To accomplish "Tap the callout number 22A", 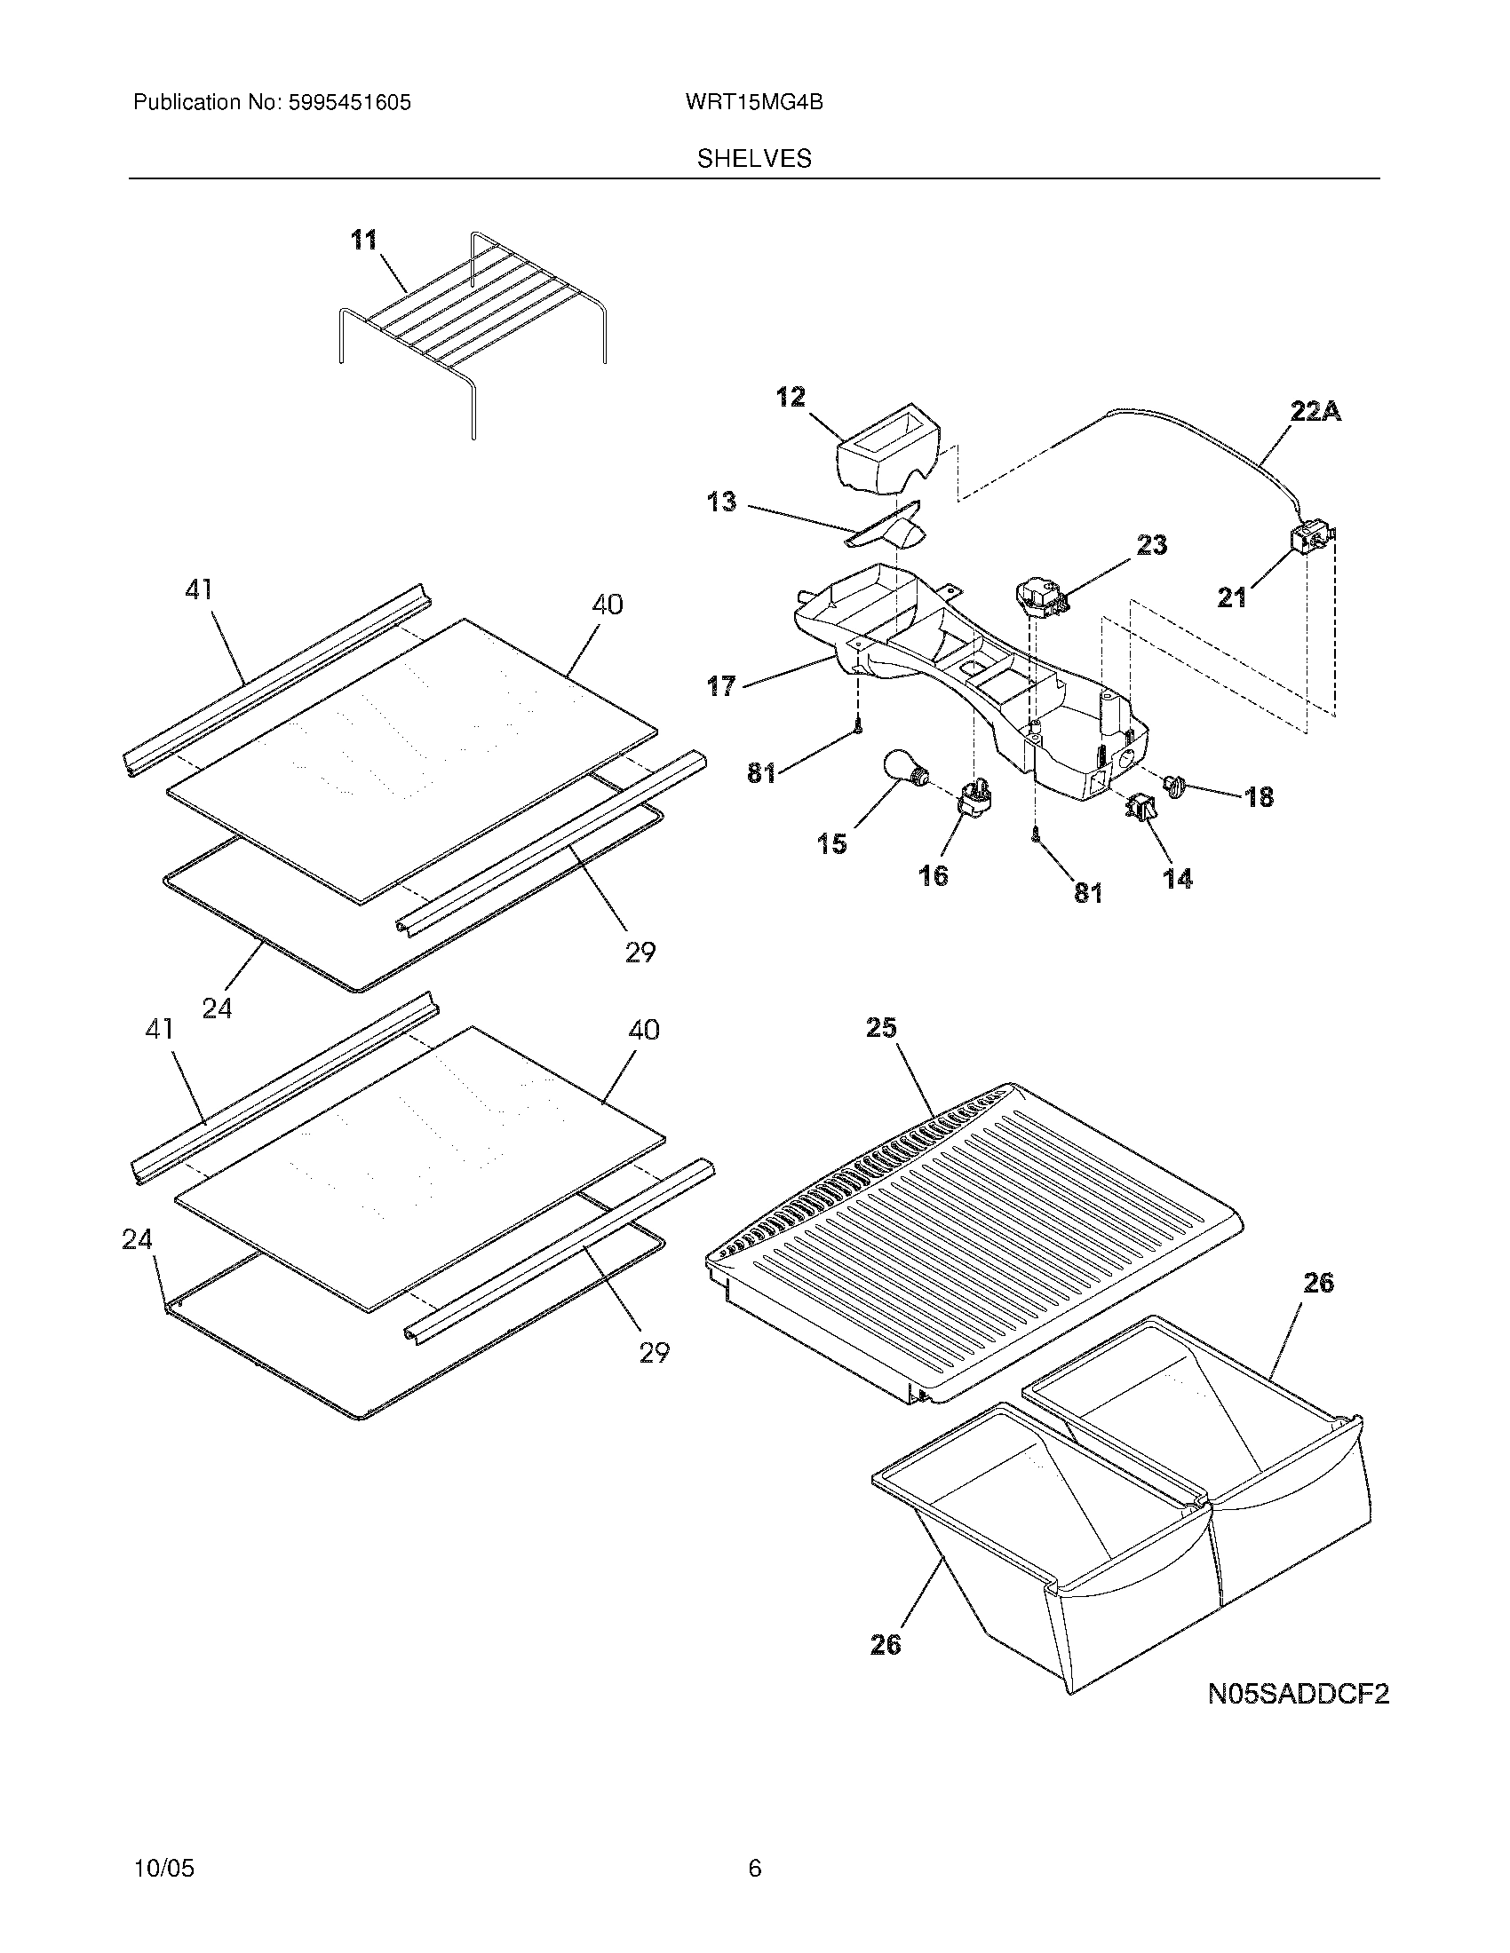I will (x=1315, y=412).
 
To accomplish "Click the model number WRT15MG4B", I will (x=754, y=103).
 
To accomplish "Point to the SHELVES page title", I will (x=754, y=159).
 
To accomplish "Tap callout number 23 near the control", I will (x=1152, y=544).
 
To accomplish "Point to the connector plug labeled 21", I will (x=1308, y=540).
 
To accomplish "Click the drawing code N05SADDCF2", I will (x=1298, y=1694).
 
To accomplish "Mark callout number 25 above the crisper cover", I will (x=881, y=1028).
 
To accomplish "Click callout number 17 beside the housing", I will (x=721, y=687).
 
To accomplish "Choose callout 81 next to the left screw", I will (x=761, y=772).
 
